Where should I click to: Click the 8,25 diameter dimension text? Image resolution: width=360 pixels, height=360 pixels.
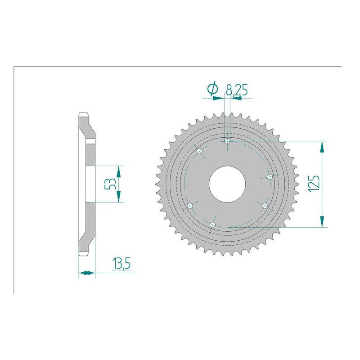point(237,90)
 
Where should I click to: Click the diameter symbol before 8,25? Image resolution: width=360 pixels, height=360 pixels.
point(212,90)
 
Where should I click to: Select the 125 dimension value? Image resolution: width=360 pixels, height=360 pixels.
point(314,184)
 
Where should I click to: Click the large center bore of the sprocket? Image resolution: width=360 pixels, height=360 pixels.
point(227,184)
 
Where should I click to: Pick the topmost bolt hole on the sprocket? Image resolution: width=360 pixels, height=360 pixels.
point(227,141)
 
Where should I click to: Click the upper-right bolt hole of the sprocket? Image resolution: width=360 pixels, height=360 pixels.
point(270,176)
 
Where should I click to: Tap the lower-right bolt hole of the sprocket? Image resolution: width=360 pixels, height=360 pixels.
point(265,206)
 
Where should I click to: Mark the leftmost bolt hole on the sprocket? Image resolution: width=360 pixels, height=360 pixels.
point(190,206)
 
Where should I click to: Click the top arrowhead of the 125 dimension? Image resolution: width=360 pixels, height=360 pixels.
point(322,146)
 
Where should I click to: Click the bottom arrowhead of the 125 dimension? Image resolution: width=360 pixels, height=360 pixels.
point(322,222)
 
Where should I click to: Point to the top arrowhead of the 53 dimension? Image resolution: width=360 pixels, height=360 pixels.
point(119,171)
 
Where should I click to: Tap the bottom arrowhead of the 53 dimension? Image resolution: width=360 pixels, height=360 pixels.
point(119,197)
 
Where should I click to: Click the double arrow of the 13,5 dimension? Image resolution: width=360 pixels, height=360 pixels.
point(86,272)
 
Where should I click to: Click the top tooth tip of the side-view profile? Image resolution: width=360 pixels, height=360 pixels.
point(84,113)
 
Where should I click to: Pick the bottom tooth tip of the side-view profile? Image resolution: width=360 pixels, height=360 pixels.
point(84,255)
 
